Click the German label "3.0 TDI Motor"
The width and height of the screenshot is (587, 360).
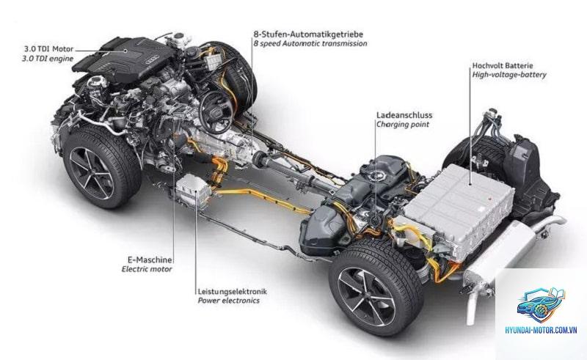pyautogui.click(x=49, y=49)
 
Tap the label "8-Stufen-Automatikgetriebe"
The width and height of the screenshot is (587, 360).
pyautogui.click(x=308, y=34)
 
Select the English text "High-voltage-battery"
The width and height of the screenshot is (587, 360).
pyautogui.click(x=509, y=75)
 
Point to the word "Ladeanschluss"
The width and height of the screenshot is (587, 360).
pyautogui.click(x=404, y=115)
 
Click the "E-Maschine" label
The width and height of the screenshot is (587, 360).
pyautogui.click(x=150, y=260)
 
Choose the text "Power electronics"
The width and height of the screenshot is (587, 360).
pyautogui.click(x=228, y=301)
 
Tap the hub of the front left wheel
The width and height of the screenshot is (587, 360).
pyautogui.click(x=91, y=173)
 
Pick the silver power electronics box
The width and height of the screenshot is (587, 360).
pyautogui.click(x=193, y=191)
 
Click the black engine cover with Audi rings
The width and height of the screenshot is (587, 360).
pyautogui.click(x=123, y=60)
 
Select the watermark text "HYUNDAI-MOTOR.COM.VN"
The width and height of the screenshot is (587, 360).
pyautogui.click(x=541, y=330)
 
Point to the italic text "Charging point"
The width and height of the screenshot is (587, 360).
pyautogui.click(x=403, y=125)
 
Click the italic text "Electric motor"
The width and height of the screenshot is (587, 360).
pyautogui.click(x=147, y=269)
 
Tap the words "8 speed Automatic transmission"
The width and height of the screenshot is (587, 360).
pyautogui.click(x=310, y=43)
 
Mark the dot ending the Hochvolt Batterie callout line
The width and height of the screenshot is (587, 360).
pyautogui.click(x=470, y=184)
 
